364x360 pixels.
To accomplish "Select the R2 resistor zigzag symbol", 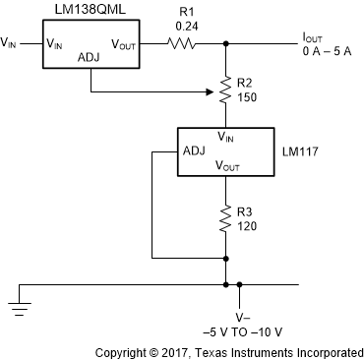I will [227, 93].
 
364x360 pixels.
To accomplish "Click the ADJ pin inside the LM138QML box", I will [88, 58].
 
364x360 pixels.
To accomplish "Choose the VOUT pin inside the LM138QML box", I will [123, 43].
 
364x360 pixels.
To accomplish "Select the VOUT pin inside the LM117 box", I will [227, 168].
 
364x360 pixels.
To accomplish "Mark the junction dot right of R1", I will [227, 43].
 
